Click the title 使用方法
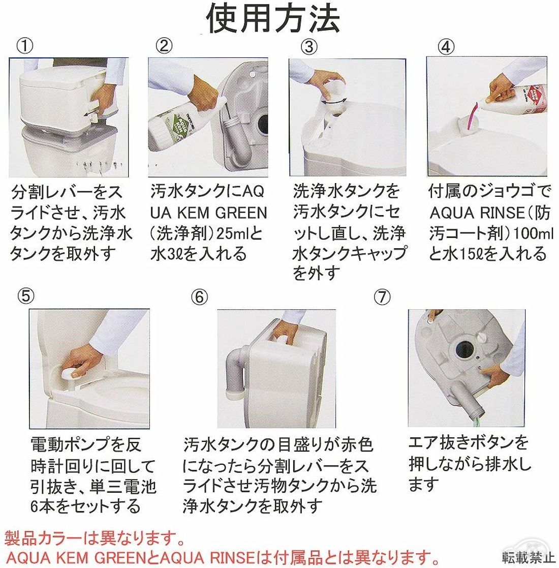click(x=273, y=18)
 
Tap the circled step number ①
click(x=25, y=46)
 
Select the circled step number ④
click(x=446, y=47)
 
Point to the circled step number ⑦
click(x=382, y=297)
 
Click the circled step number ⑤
click(x=26, y=296)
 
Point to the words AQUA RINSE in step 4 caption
click(x=477, y=212)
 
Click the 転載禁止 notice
click(x=528, y=556)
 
